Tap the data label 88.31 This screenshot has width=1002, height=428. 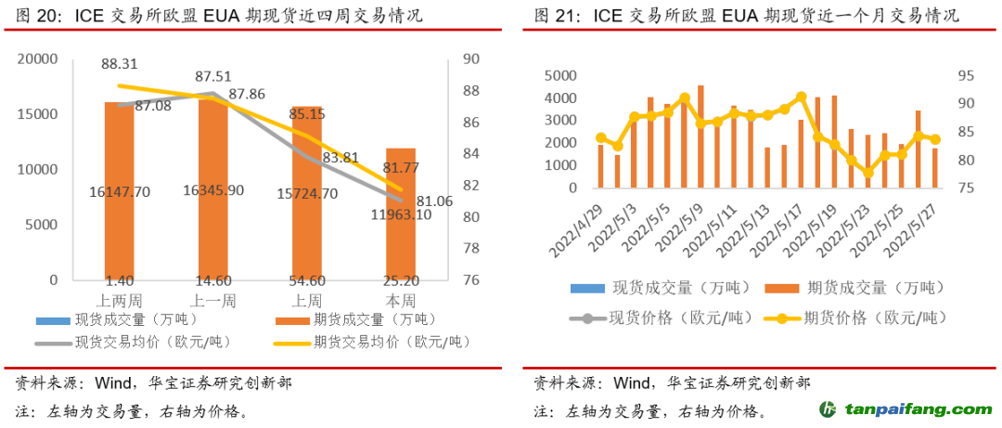pyautogui.click(x=119, y=64)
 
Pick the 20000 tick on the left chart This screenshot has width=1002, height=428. pyautogui.click(x=38, y=59)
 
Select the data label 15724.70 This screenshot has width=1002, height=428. pyautogui.click(x=306, y=192)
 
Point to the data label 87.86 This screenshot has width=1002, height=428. pyautogui.click(x=247, y=94)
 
